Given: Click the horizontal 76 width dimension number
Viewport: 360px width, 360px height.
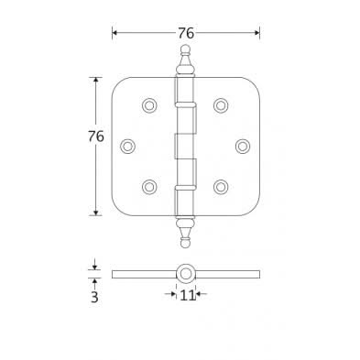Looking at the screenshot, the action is (x=186, y=33).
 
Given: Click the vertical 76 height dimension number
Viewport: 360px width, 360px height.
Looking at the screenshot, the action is (x=96, y=136).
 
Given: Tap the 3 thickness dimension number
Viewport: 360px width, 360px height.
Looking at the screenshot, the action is (x=94, y=297).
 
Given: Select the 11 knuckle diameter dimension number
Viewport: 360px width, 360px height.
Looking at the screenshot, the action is (x=187, y=295).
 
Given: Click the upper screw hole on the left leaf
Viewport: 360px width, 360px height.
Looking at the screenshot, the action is (x=149, y=105).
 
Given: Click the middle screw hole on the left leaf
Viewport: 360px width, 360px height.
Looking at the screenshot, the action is (x=127, y=146).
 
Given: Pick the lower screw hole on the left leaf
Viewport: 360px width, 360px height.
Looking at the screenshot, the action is (x=149, y=187).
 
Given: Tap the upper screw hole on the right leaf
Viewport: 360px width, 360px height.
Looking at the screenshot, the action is (x=221, y=105).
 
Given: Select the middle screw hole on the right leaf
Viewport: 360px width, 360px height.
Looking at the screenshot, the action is (x=243, y=146).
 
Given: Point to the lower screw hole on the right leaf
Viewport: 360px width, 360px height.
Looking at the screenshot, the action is (x=221, y=187).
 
